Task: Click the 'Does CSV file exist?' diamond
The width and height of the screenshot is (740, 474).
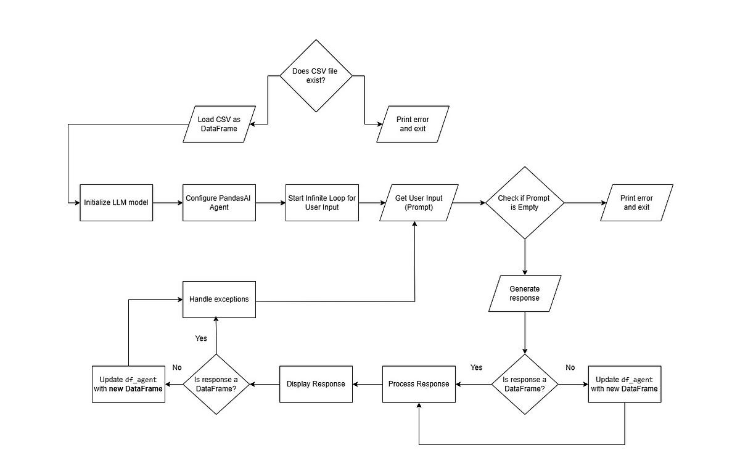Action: click(x=316, y=76)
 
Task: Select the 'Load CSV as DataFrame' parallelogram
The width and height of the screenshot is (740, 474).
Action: click(x=220, y=124)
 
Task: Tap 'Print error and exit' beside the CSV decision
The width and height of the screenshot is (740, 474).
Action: click(x=413, y=124)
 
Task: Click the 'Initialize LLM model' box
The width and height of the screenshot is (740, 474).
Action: click(x=116, y=202)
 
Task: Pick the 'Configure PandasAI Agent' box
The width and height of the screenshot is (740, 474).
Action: click(x=220, y=202)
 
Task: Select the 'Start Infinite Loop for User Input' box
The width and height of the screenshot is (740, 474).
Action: click(x=322, y=202)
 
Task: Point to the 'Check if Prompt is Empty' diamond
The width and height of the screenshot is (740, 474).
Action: click(x=524, y=202)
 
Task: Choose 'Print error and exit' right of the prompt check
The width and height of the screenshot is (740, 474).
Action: click(x=637, y=202)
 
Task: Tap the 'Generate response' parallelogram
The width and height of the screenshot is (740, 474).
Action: click(x=524, y=293)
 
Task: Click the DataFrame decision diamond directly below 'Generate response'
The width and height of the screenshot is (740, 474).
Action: click(x=524, y=384)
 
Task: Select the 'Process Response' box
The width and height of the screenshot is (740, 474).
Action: click(x=419, y=384)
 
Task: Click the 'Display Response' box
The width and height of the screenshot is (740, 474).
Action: click(x=316, y=384)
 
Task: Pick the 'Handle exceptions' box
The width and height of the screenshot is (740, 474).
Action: click(x=219, y=300)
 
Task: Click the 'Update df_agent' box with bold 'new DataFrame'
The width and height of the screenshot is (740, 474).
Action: click(x=128, y=384)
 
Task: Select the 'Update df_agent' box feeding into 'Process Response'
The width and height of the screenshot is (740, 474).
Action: click(x=624, y=384)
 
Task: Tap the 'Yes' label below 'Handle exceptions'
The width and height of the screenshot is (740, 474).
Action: click(x=201, y=338)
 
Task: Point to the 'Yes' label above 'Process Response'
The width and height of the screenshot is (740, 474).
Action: click(x=476, y=367)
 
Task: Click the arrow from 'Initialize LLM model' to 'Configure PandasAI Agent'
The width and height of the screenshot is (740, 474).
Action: click(x=167, y=202)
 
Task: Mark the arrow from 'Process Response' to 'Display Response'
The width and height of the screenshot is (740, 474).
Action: click(x=368, y=384)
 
